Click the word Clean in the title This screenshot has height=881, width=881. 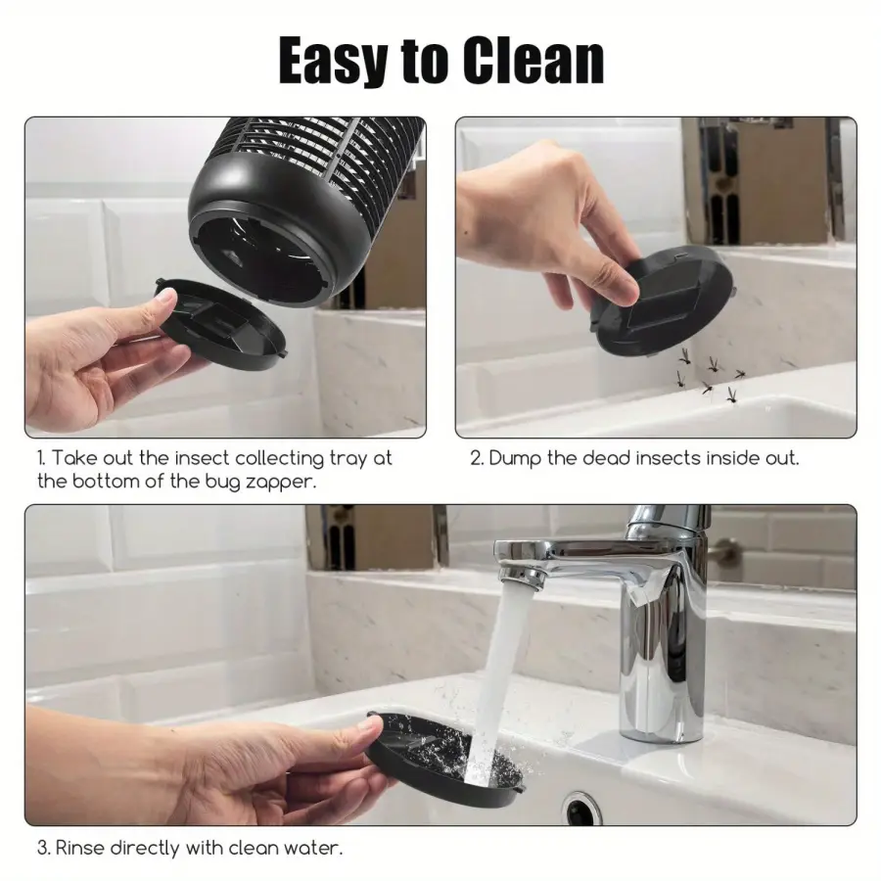coord(533,60)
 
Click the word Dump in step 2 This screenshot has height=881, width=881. coord(515,458)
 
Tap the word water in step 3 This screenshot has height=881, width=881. coord(313,848)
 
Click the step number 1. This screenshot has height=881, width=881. coord(41,458)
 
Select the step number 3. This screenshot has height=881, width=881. coord(43,848)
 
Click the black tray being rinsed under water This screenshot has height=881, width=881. coord(443,759)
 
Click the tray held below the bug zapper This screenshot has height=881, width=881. coord(222,324)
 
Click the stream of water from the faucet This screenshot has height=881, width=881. coord(494,674)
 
